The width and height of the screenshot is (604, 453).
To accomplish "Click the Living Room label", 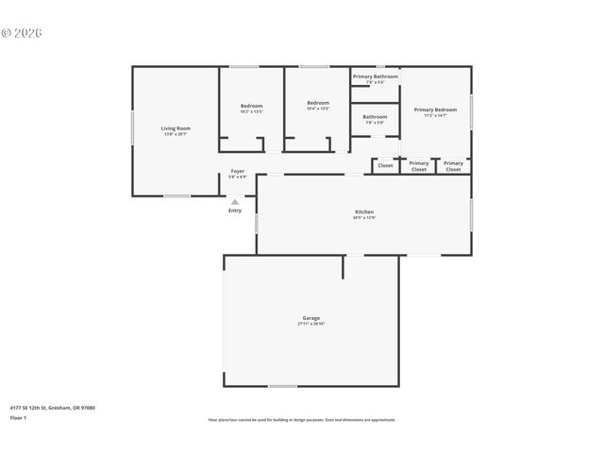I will [176, 128].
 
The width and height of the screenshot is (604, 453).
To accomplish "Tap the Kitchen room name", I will [364, 212].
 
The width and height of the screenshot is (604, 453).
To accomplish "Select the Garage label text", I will [310, 318].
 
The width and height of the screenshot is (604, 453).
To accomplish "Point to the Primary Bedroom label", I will [435, 109].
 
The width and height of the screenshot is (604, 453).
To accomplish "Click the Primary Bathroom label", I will [375, 76].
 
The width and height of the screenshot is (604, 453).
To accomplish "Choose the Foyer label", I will [238, 171].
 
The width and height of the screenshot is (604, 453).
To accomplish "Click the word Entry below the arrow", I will [235, 210].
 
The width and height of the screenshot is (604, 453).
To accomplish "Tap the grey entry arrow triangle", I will [235, 201].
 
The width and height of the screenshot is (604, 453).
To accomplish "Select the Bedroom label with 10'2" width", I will [251, 106].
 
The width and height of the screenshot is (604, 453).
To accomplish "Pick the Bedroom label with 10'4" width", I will [318, 103].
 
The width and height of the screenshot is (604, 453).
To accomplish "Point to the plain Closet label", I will [385, 165].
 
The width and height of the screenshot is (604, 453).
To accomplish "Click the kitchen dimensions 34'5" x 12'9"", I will [364, 218].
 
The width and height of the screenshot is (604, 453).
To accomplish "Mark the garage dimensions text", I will [310, 324].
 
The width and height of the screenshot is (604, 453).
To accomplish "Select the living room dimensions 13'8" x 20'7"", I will [176, 134].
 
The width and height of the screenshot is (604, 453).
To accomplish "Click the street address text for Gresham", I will [52, 408].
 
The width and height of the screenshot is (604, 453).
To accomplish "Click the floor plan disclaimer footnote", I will [302, 420].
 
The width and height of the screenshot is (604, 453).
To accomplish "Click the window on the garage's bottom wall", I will [282, 386].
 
